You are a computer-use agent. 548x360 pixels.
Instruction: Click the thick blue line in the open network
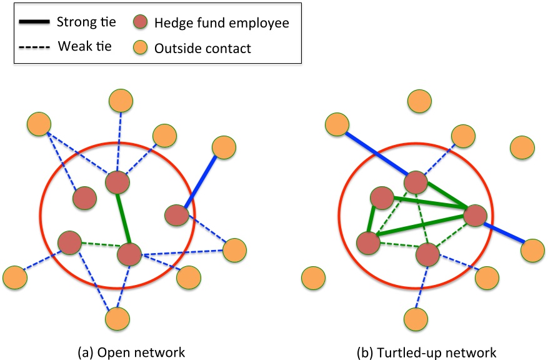201,181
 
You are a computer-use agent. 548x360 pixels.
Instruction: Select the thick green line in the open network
123,219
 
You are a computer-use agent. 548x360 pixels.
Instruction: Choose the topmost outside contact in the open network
120,100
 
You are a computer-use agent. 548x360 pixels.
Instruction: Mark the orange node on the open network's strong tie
223,147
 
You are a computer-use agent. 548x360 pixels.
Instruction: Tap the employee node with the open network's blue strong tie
177,216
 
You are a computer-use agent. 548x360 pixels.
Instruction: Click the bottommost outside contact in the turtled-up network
416,319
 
